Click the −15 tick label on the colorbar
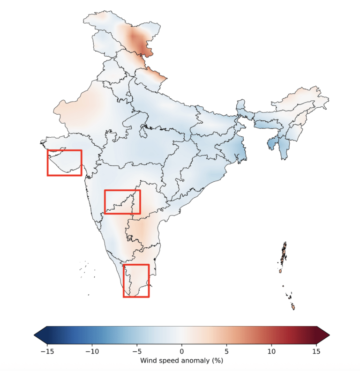47,351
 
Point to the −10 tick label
92,351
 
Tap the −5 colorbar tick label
137,351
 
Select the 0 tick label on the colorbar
182,351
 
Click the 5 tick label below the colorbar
227,351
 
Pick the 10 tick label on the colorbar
271,351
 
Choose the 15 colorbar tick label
316,351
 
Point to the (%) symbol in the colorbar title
217,361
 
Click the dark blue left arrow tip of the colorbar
34,335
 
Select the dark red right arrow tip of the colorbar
330,335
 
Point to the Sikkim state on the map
240,104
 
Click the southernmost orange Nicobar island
293,307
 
